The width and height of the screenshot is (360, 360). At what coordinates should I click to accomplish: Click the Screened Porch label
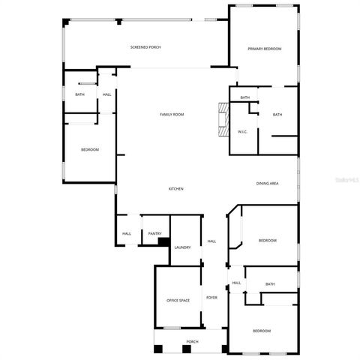click(x=145, y=47)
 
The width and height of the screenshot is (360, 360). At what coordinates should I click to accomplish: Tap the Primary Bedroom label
click(x=264, y=49)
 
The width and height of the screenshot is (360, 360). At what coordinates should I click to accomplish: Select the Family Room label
click(x=172, y=114)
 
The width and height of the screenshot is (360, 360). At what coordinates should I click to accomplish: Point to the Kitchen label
click(x=175, y=188)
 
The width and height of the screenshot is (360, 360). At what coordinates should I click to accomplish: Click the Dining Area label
click(x=268, y=183)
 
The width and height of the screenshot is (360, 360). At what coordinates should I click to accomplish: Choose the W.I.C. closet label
click(x=242, y=131)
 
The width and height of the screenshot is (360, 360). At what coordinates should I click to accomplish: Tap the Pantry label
click(x=154, y=234)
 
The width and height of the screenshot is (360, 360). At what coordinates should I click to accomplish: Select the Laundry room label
click(x=182, y=247)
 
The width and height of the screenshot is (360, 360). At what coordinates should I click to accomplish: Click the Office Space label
click(x=178, y=300)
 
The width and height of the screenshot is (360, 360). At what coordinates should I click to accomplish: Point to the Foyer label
click(x=212, y=298)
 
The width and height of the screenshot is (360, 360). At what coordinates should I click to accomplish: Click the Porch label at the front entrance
click(x=193, y=341)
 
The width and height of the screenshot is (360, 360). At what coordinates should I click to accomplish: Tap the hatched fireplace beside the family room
click(x=220, y=121)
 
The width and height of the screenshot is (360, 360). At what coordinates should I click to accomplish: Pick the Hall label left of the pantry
click(x=127, y=234)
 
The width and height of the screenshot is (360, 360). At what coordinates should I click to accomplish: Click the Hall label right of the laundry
click(x=212, y=241)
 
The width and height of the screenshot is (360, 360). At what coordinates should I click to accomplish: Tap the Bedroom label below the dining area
click(x=268, y=240)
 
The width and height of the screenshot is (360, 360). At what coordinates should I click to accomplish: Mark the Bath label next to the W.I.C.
click(x=277, y=114)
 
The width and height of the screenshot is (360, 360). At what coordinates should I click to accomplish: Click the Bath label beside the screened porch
click(x=79, y=94)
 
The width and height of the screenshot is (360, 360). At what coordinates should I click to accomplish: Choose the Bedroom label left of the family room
click(x=90, y=150)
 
